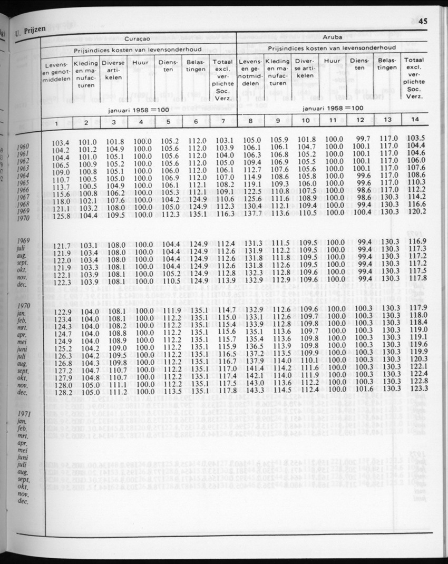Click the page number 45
pyautogui.click(x=423, y=22)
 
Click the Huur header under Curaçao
pyautogui.click(x=141, y=62)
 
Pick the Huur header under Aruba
pyautogui.click(x=332, y=61)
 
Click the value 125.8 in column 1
pyautogui.click(x=61, y=216)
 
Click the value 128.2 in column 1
pyautogui.click(x=62, y=392)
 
